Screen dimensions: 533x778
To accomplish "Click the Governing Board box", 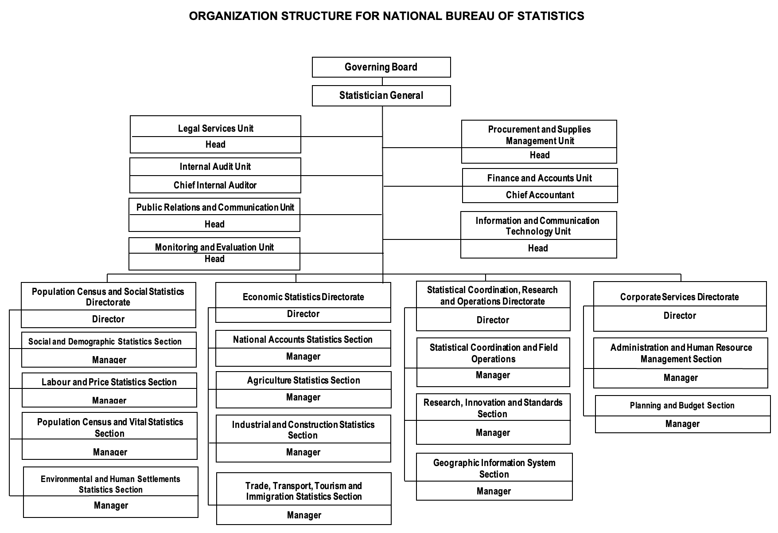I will (x=381, y=67).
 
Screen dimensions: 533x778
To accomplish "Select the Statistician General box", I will (x=381, y=95).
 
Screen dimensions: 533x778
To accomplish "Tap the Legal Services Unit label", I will (x=215, y=129).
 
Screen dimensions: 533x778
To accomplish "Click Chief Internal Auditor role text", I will (x=215, y=185).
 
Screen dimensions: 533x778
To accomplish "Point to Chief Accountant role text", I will (x=540, y=195).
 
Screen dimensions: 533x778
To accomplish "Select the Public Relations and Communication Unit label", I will (x=215, y=207).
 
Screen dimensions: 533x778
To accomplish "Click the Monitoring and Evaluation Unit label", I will (x=214, y=247).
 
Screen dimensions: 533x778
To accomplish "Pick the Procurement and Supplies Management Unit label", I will (x=539, y=135).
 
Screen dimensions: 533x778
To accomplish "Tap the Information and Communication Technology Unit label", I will (x=537, y=226).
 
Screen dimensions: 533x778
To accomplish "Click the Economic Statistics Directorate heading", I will (x=303, y=297).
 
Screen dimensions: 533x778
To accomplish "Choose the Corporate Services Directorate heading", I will (x=679, y=297).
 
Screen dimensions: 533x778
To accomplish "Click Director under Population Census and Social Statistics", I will (x=108, y=319).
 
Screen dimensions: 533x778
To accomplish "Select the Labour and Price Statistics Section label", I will (x=109, y=382).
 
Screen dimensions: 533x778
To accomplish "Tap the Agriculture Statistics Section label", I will (x=303, y=380).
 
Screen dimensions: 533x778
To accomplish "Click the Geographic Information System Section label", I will (x=494, y=468).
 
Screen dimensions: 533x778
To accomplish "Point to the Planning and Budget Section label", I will (x=682, y=405).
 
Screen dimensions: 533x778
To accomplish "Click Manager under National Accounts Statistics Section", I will (x=303, y=356).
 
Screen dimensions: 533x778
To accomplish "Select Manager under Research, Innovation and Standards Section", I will (x=493, y=432).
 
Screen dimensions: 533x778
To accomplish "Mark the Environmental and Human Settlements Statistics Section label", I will (x=110, y=484).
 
